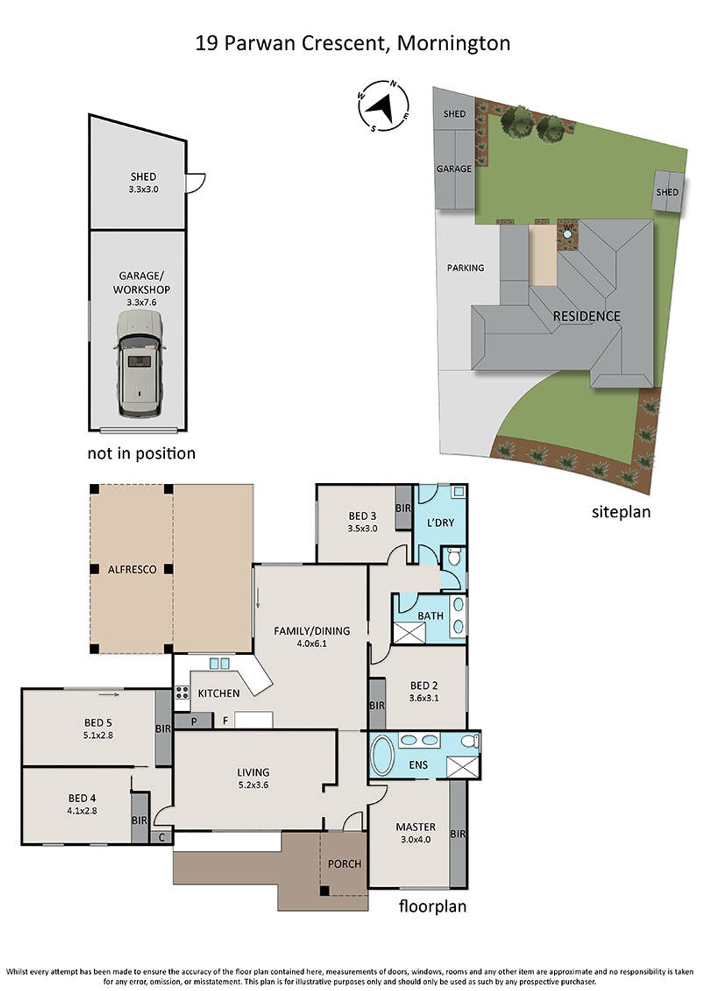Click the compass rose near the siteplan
pyautogui.click(x=384, y=106)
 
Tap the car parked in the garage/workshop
pyautogui.click(x=140, y=364)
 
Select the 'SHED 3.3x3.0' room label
pyautogui.click(x=143, y=183)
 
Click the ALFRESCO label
pyautogui.click(x=132, y=569)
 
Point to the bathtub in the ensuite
pyautogui.click(x=383, y=756)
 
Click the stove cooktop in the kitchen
pyautogui.click(x=182, y=693)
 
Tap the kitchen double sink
pyautogui.click(x=219, y=664)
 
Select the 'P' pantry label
pyautogui.click(x=194, y=722)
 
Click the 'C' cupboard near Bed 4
pyautogui.click(x=162, y=837)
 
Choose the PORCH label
pyautogui.click(x=344, y=864)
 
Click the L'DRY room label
pyautogui.click(x=441, y=522)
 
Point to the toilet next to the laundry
pyautogui.click(x=454, y=557)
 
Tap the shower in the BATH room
pyautogui.click(x=409, y=633)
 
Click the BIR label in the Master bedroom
pyautogui.click(x=458, y=834)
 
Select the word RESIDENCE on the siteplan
pyautogui.click(x=587, y=316)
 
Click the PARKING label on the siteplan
pyautogui.click(x=466, y=268)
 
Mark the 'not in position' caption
pyautogui.click(x=141, y=454)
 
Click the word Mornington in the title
pyautogui.click(x=454, y=44)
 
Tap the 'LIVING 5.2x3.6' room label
pyautogui.click(x=253, y=779)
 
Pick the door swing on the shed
pyautogui.click(x=195, y=183)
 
